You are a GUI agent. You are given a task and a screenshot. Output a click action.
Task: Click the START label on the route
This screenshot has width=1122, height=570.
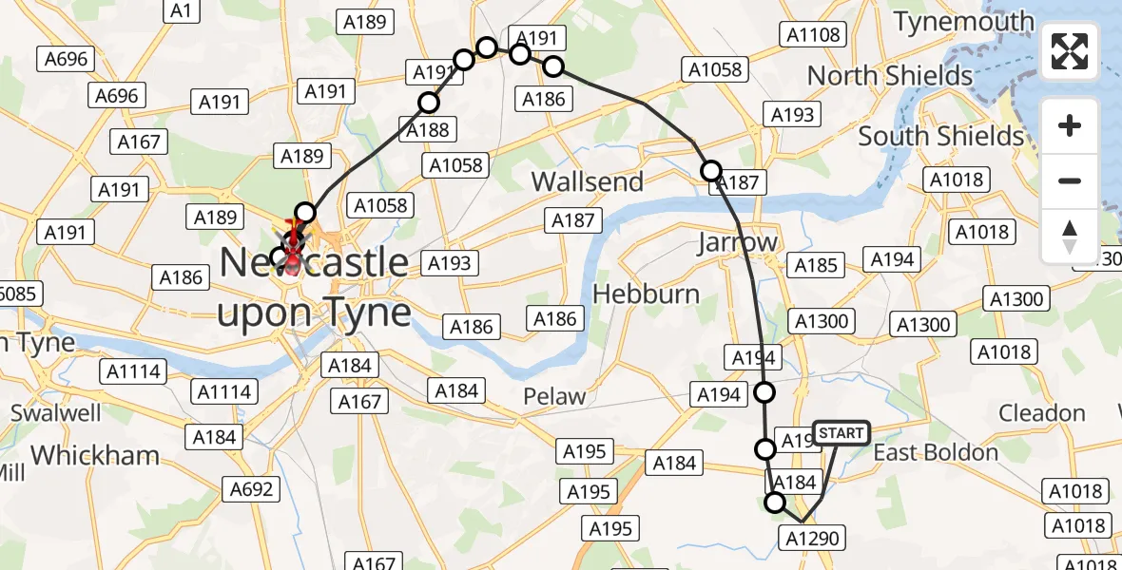(x=841, y=434)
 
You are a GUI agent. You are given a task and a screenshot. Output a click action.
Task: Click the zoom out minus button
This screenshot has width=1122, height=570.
(x=1070, y=180)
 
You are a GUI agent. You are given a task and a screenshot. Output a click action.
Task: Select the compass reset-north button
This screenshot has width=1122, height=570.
(x=1070, y=237)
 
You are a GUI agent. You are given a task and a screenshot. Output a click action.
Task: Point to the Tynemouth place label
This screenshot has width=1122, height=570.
(x=963, y=21)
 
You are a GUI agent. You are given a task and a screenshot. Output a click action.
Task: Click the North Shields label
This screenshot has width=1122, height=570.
(x=890, y=75)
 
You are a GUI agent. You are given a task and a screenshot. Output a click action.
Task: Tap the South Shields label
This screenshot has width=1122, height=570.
(x=941, y=136)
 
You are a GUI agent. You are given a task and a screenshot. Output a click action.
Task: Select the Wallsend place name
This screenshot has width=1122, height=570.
(x=587, y=181)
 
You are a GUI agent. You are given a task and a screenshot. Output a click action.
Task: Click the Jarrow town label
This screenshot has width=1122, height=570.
(x=737, y=242)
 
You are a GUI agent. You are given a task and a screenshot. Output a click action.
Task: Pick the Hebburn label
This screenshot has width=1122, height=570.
(x=646, y=294)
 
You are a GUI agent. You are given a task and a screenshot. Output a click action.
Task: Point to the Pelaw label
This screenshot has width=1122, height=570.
(x=556, y=396)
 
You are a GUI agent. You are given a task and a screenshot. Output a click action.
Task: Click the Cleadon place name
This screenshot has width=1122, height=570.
(x=1042, y=413)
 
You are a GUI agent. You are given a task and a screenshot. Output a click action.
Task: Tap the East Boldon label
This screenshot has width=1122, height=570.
(x=936, y=452)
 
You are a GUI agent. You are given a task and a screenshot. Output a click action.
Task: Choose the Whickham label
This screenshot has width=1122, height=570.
(x=95, y=455)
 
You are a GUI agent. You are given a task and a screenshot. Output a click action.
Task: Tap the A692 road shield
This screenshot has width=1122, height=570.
(x=252, y=489)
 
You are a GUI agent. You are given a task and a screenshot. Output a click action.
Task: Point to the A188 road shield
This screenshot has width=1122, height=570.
(x=427, y=130)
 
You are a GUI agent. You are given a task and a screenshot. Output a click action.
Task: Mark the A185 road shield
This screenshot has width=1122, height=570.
(x=816, y=264)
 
